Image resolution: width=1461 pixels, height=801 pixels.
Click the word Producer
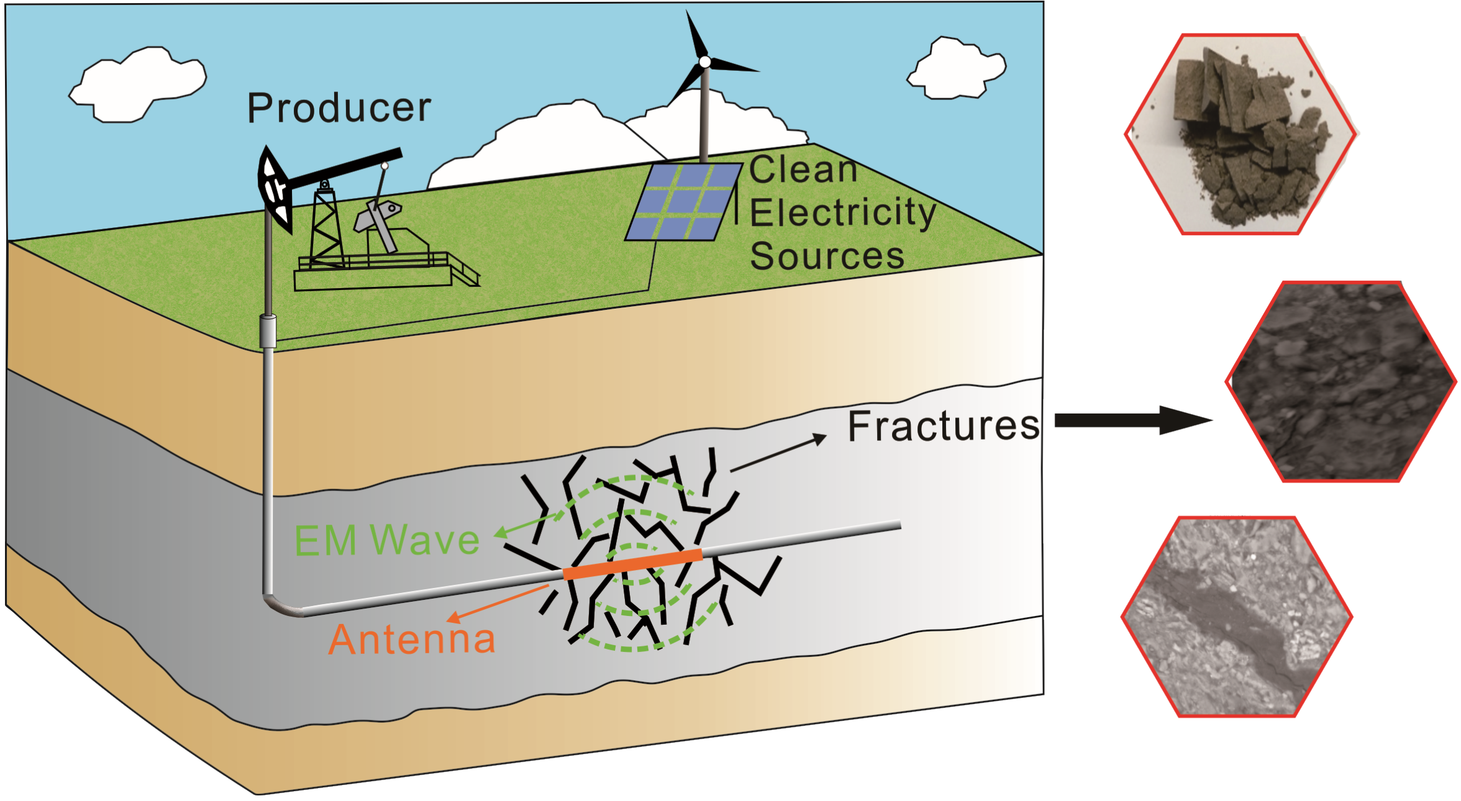(x=339, y=108)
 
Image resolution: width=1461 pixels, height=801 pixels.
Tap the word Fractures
(x=943, y=427)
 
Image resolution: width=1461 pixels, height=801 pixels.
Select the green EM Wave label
(x=386, y=540)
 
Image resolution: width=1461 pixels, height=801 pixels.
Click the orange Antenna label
(x=412, y=639)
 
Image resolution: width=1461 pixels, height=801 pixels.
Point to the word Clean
(x=803, y=170)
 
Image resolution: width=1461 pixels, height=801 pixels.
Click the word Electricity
(x=842, y=213)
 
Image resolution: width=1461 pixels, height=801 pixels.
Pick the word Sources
(x=827, y=256)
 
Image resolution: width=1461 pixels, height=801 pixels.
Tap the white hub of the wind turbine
(x=705, y=62)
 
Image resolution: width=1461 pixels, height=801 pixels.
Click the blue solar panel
(x=683, y=202)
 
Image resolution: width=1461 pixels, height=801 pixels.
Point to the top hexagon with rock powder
(x=1240, y=135)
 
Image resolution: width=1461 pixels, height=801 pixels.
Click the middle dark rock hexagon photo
(x=1340, y=382)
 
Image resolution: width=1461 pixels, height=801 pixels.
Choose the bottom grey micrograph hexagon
(x=1237, y=617)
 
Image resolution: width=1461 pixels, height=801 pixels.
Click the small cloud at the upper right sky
(x=957, y=70)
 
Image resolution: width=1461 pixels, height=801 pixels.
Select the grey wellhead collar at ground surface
(x=268, y=331)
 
